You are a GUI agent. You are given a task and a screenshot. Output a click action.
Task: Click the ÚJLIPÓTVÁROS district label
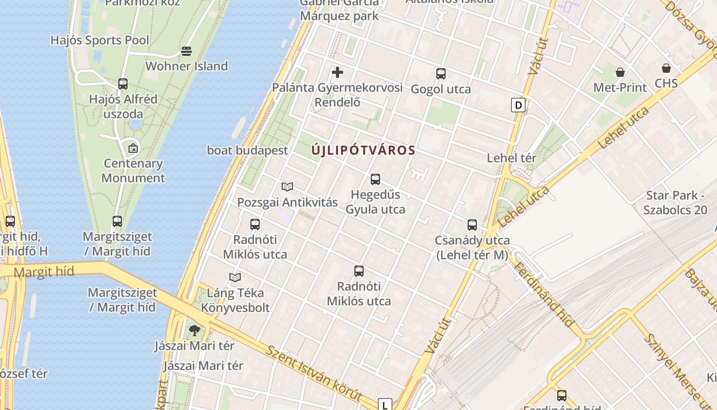point(363,151)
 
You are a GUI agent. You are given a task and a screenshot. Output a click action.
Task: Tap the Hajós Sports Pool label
point(100,40)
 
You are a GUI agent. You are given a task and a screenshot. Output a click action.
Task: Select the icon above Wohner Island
point(186,51)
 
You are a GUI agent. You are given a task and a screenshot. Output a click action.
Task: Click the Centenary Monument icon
point(133,148)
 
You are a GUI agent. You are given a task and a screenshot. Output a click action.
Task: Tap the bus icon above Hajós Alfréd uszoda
point(123,84)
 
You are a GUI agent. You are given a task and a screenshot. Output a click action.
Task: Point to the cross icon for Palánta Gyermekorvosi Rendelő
point(338,72)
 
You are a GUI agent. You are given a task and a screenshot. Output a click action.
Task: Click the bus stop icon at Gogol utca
point(441,74)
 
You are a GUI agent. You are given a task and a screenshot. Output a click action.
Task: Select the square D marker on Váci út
point(518,106)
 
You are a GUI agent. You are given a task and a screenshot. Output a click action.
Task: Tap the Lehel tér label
point(511,158)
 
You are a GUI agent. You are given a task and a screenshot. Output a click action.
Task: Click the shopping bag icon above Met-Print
point(620,72)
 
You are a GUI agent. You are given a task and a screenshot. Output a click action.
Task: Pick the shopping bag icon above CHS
point(666,68)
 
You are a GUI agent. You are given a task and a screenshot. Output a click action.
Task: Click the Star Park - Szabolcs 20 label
point(676,202)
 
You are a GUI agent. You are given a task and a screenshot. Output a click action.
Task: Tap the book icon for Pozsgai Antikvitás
point(287,187)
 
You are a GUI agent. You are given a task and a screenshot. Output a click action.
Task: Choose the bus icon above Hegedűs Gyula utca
point(375,179)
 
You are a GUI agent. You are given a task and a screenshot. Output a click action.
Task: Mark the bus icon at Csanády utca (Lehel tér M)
point(472,225)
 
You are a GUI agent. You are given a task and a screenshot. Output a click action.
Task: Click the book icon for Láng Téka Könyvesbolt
point(235,278)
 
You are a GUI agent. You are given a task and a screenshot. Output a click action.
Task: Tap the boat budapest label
point(247,151)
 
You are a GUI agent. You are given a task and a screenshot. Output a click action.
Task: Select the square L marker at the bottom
point(385,404)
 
